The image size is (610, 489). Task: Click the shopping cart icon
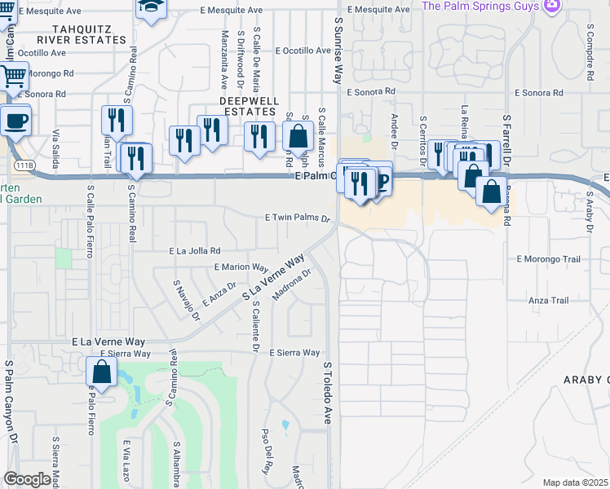coord(12,77)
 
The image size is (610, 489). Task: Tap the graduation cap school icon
coord(150,7)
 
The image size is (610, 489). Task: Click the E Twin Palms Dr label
coord(297,218)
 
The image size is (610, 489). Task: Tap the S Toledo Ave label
coord(328,393)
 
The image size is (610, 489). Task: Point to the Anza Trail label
coord(548,301)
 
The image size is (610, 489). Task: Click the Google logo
coord(27,479)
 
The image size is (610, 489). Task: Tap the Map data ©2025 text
coord(574,482)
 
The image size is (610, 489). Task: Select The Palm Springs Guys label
coord(480,6)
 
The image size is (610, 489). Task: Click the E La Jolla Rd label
coord(194,251)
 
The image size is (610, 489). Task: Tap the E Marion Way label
coord(241,267)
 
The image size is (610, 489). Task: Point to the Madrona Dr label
coord(293,284)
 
